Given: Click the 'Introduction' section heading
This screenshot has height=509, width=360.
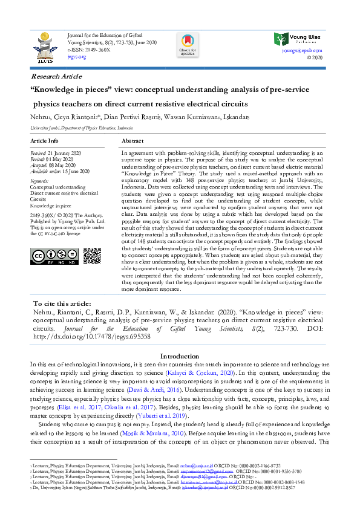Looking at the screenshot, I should pyautogui.click(x=180, y=356).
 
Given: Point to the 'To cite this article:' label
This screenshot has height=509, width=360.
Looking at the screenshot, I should pyautogui.click(x=62, y=303).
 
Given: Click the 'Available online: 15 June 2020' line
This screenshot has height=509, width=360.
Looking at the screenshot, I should pyautogui.click(x=61, y=170).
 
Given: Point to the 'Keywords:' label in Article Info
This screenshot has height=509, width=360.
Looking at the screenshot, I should pyautogui.click(x=39, y=181).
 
